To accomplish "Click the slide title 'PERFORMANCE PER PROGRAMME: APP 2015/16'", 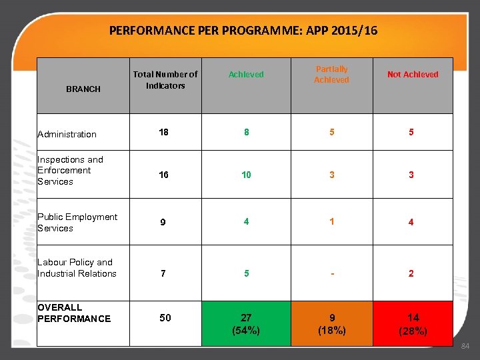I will point(243,30).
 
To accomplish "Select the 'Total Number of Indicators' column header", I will point(165,80).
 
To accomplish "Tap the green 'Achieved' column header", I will point(246,75).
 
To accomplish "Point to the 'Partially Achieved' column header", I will point(331,75).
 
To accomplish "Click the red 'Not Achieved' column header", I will point(413,75).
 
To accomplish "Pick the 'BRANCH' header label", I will point(83,89).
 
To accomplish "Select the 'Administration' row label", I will point(67,134).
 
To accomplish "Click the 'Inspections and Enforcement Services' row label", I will point(70,170).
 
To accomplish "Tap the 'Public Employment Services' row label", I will point(77,222).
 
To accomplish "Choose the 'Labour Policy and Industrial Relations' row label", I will point(77,267).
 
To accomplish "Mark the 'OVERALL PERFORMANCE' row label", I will point(74,313).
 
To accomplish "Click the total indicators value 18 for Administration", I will point(164,132).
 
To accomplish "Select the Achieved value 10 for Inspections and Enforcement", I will point(246,175).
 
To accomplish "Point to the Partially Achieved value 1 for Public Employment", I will point(331,221).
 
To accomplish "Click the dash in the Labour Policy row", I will point(331,273).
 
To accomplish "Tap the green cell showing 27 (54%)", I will point(246,323).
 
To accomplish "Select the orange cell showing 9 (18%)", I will point(331,323).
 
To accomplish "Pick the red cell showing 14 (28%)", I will point(413,323).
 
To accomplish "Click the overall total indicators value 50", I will point(165,318).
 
